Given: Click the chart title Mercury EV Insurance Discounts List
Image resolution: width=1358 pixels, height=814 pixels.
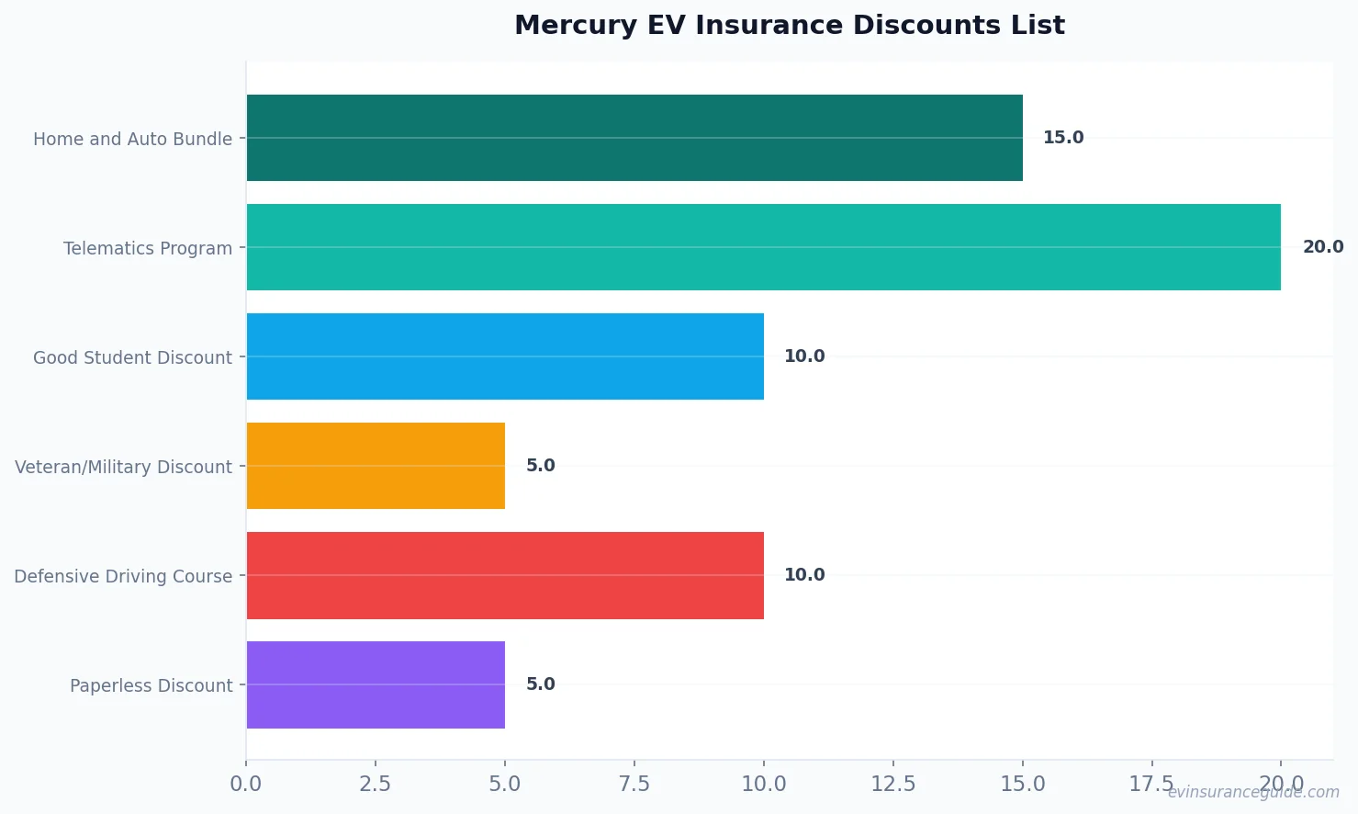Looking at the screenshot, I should tap(789, 25).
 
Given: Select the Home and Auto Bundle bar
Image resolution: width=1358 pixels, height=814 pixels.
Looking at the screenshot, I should tap(634, 138).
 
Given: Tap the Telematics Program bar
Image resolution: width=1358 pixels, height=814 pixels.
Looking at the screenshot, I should tap(763, 247).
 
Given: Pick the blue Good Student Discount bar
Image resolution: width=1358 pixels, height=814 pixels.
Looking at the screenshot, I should tap(504, 356).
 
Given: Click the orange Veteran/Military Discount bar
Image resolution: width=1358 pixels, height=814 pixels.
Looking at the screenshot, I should tap(375, 466).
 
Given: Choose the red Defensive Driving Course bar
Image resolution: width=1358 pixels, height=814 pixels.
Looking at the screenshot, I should tap(504, 575).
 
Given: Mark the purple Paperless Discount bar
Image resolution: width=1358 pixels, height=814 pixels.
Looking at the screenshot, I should tap(375, 684).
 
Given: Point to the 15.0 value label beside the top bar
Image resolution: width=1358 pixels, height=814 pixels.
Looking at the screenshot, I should tap(1062, 138).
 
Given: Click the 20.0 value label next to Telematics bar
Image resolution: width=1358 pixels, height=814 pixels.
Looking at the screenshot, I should tap(1322, 247).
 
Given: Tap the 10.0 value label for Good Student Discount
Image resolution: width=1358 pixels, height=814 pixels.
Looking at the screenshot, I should tap(803, 356).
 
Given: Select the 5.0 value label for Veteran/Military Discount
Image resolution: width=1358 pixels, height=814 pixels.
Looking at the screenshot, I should tap(540, 466).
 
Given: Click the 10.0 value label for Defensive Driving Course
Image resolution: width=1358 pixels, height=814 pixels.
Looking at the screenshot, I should tap(803, 575).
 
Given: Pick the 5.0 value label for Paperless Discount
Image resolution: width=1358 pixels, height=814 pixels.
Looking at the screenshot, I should tap(540, 684).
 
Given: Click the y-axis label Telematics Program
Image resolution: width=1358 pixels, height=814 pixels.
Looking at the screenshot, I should tap(147, 248).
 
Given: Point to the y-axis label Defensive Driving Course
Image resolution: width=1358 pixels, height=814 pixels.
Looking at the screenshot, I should tap(123, 576).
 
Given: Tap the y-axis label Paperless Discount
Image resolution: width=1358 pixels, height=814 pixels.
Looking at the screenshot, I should tap(151, 685).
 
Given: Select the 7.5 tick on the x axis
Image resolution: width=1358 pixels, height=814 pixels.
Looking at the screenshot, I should tap(634, 784).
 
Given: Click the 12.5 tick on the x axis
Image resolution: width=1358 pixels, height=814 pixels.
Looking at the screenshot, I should tap(892, 784).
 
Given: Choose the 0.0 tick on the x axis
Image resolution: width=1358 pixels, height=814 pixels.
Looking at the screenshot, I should tap(245, 784).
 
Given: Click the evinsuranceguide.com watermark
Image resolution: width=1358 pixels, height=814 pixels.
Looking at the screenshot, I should tap(1252, 792).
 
